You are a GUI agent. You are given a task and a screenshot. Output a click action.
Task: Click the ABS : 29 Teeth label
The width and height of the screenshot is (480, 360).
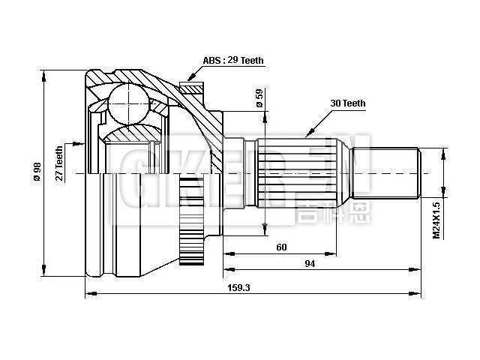point(232,60)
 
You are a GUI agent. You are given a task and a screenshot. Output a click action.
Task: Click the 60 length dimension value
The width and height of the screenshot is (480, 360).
point(281,247)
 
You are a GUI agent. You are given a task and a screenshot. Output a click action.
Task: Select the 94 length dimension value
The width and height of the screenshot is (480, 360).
point(308,263)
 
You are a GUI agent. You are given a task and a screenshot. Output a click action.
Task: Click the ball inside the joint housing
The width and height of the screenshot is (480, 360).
point(128,103)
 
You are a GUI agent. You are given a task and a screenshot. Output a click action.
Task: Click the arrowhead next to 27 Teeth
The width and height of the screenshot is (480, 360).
point(77,142)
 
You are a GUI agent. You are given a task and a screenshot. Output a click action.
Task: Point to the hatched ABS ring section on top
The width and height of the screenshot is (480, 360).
point(192,89)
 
